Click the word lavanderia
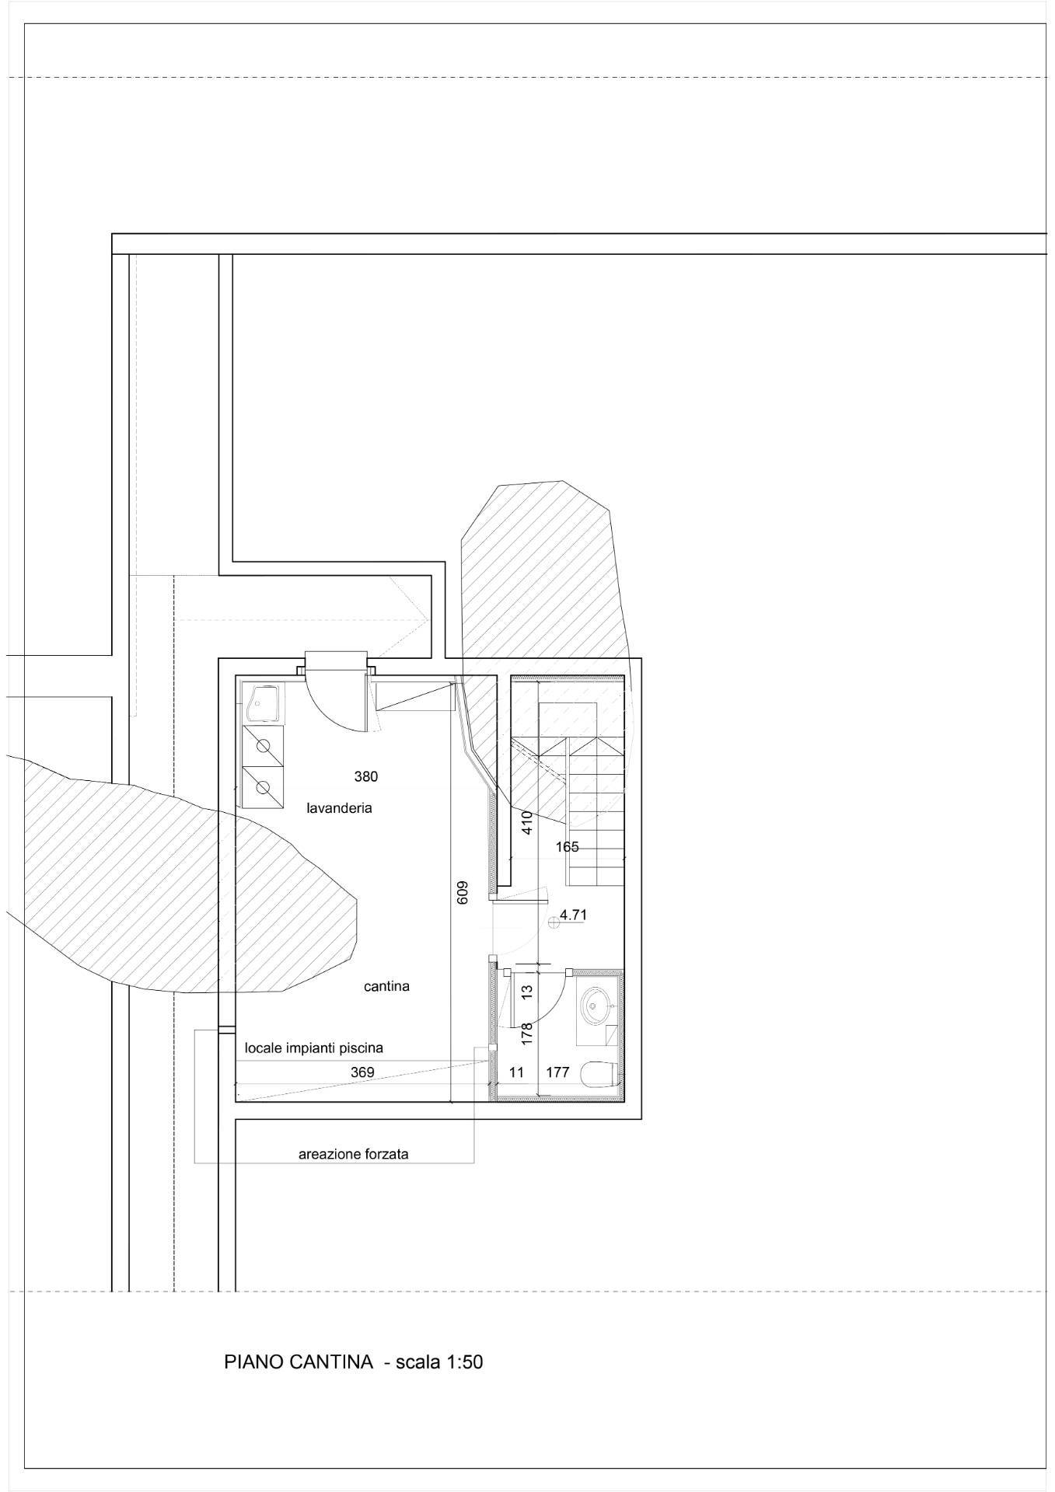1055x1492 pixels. pos(339,808)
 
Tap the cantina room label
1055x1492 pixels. pos(386,986)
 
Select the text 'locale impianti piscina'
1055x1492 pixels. pos(314,1048)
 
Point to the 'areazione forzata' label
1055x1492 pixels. pos(353,1155)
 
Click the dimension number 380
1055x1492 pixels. pos(366,776)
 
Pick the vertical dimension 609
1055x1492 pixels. pos(462,891)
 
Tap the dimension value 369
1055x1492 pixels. pos(362,1072)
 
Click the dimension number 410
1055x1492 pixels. pos(527,823)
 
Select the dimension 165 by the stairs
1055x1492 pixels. pos(568,847)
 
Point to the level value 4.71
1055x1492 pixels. pos(573,915)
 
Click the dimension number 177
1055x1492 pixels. pos(558,1072)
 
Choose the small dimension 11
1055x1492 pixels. pos(516,1072)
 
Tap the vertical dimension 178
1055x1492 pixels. pos(527,1033)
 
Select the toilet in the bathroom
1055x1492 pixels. pos(603,1073)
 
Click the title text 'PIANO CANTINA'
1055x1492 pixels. pos(299,1362)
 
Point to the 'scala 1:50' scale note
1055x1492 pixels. pos(439,1362)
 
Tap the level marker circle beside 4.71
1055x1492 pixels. pos(554,922)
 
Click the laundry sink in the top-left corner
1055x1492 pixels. pos(263,703)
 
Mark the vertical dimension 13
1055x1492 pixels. pos(527,992)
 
